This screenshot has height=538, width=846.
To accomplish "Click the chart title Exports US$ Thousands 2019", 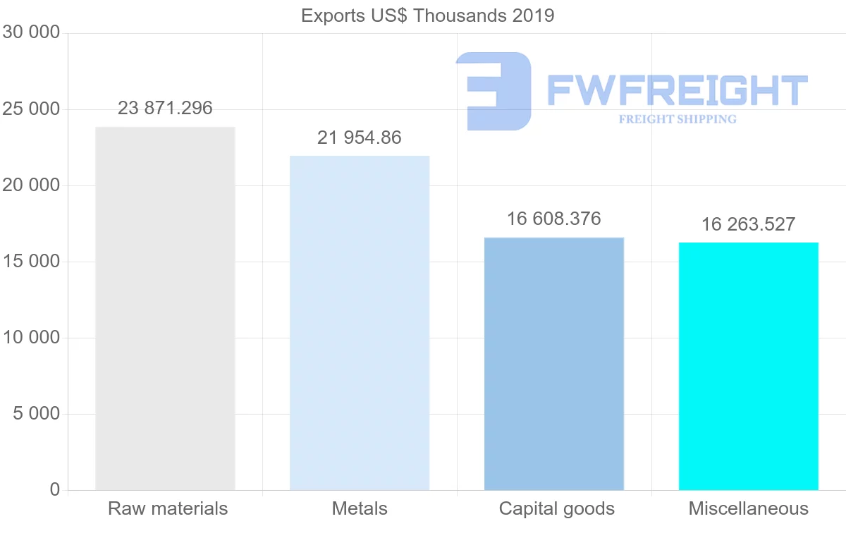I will (427, 16).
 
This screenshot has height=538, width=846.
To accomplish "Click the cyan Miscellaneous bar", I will (749, 366).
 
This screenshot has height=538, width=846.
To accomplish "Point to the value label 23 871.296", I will (165, 108).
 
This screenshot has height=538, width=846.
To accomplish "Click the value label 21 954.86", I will (360, 137).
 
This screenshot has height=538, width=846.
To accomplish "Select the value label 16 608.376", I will (554, 219).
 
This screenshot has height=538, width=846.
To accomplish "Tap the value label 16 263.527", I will (748, 224).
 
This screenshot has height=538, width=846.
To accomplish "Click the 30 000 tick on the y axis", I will (31, 32).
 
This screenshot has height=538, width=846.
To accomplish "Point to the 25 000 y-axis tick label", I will (31, 109).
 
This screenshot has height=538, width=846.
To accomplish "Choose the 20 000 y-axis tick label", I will (31, 185).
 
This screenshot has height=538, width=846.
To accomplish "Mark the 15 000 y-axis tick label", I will (31, 262).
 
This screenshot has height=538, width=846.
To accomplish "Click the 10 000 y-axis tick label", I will (31, 338).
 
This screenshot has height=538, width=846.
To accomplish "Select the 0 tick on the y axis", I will (55, 490).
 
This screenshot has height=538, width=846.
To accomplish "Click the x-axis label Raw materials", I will (168, 508).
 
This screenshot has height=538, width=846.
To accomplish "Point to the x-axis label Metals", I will (360, 508).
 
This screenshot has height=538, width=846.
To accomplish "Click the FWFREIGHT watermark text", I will (677, 90).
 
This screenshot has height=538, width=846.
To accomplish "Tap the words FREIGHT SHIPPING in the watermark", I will (678, 119).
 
